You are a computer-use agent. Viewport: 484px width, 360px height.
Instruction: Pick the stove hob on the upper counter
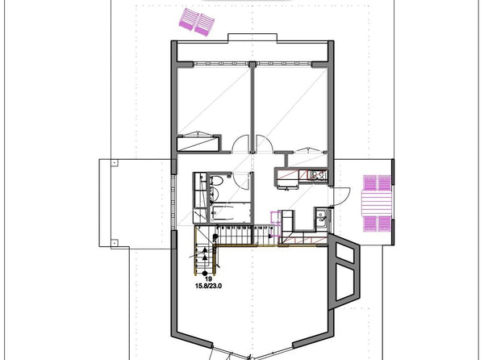pos(315,174)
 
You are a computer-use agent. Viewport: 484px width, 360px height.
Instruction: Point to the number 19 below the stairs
pos(208,278)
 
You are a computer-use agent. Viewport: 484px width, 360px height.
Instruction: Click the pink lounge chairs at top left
pos(198,21)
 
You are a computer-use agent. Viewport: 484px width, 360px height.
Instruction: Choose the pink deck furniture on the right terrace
pos(376,203)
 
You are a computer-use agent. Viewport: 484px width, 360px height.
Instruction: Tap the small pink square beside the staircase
pos(277,216)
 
